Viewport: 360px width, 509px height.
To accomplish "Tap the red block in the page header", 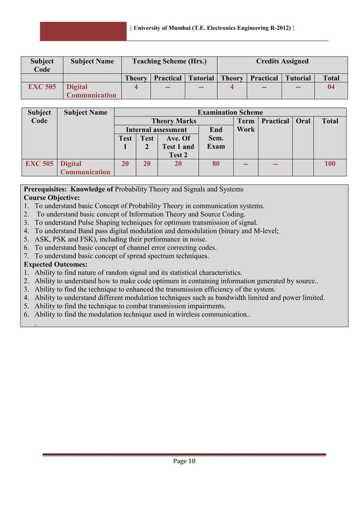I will (x=83, y=31).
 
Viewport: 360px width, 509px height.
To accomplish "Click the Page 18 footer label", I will (x=184, y=461).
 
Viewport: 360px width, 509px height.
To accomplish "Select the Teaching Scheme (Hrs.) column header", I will (x=169, y=61).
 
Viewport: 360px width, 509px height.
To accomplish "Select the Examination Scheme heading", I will (x=230, y=112).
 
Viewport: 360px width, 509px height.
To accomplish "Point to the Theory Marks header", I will (x=174, y=121).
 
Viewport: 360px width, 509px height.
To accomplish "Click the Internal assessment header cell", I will (x=156, y=130).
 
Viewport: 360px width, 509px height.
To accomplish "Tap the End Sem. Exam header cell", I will (x=216, y=138).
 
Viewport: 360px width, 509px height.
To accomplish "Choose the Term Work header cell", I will (x=246, y=125).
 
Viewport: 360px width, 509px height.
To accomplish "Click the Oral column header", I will (x=303, y=121).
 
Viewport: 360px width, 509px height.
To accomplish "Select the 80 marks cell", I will (x=216, y=164).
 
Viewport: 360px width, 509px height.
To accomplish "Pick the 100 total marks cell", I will (x=330, y=164).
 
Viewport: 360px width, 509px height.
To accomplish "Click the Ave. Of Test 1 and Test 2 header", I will (x=178, y=146).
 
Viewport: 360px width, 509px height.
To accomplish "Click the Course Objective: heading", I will (x=52, y=198).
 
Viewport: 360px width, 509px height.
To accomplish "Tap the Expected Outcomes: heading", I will (x=55, y=264).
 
